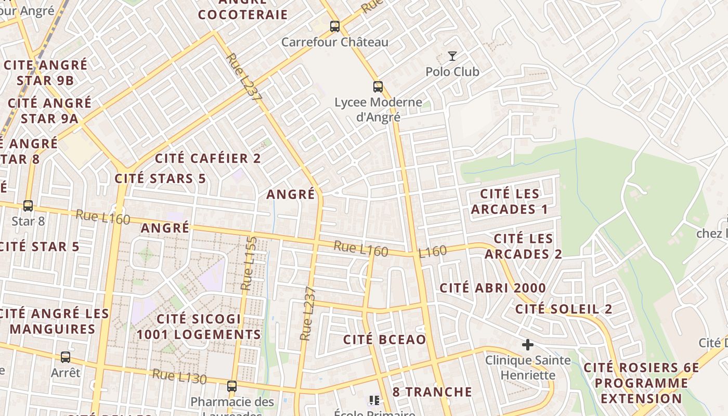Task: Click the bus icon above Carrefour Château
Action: pos(335,26)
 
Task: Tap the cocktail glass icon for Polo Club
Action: pos(452,56)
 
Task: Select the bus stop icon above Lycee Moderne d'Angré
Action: pos(378,87)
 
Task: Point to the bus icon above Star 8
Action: pos(28,206)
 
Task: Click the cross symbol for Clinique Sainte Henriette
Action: pos(528,344)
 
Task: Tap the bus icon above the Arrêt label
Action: pos(66,357)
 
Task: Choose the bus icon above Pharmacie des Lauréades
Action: pos(232,386)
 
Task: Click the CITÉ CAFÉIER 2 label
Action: pos(208,158)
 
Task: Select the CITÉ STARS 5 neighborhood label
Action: pos(160,178)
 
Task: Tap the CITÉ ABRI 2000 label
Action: pos(493,288)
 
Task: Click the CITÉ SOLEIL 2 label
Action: pos(564,309)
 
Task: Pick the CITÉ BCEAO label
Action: pos(384,340)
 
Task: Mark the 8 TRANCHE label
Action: pos(432,392)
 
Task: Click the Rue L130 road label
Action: pos(179,376)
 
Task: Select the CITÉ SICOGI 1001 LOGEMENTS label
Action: pos(199,327)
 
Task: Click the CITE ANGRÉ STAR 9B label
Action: pos(45,73)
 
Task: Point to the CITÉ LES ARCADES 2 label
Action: pos(523,246)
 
